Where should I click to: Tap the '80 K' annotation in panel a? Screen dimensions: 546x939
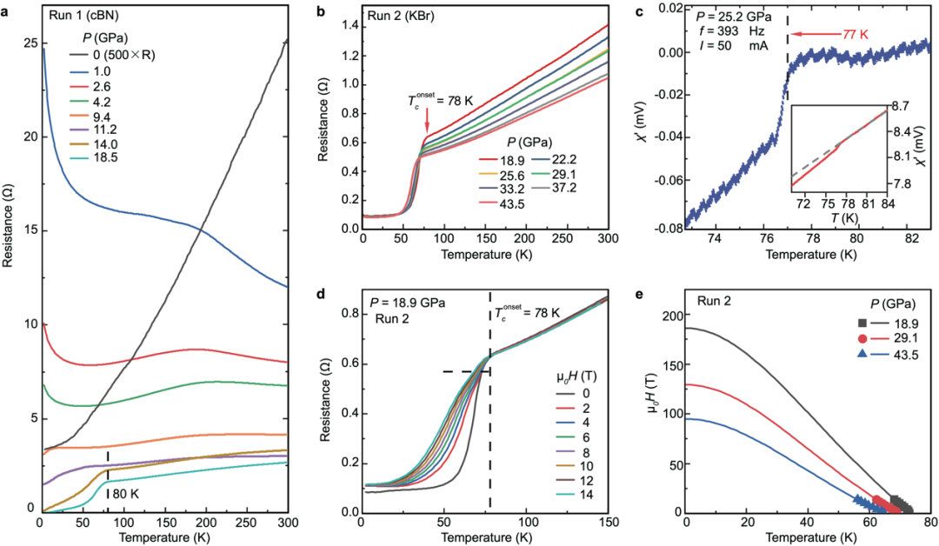pyautogui.click(x=123, y=495)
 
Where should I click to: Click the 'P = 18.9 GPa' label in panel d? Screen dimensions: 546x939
pyautogui.click(x=409, y=304)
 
